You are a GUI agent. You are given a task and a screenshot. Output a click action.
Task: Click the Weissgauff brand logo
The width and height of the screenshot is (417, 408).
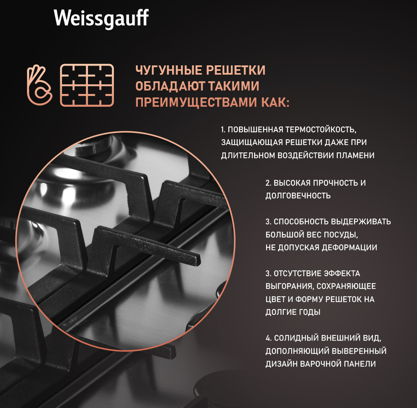coord(101,19)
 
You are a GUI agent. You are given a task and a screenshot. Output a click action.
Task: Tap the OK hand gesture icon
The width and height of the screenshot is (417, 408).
coord(40,85)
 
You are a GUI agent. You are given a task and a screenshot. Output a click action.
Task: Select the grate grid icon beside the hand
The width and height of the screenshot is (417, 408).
coord(87,85)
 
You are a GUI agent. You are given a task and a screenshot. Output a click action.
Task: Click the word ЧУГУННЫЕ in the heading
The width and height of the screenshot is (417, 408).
coord(169,70)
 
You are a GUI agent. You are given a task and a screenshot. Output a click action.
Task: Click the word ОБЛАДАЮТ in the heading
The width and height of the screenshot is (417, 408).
coord(170,86)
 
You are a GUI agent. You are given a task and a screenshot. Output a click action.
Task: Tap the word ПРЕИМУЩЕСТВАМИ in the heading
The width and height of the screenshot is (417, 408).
coord(196,102)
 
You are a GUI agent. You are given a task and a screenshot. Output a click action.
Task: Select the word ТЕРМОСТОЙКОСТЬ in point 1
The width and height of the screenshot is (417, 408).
coord(321,130)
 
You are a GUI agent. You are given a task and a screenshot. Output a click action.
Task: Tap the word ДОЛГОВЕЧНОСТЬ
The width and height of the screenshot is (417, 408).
coord(298,196)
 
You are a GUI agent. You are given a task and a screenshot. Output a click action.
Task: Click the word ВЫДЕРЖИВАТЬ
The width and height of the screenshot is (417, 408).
coord(361,221)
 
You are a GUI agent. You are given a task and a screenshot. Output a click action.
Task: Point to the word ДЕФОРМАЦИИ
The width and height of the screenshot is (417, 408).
coord(349,247)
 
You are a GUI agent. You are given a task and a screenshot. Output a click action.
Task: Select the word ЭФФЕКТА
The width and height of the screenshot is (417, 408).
coord(342,274)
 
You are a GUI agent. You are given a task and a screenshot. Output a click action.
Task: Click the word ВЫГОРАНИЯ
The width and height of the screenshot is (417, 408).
coord(290,287)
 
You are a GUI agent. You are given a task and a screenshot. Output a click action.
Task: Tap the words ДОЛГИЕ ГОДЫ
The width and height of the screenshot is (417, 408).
coord(293,312)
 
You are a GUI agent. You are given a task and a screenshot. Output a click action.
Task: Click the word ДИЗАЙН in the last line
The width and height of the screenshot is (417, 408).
coord(281,364)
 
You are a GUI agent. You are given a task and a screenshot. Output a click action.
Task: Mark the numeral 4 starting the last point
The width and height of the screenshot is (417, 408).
coord(268,338)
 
